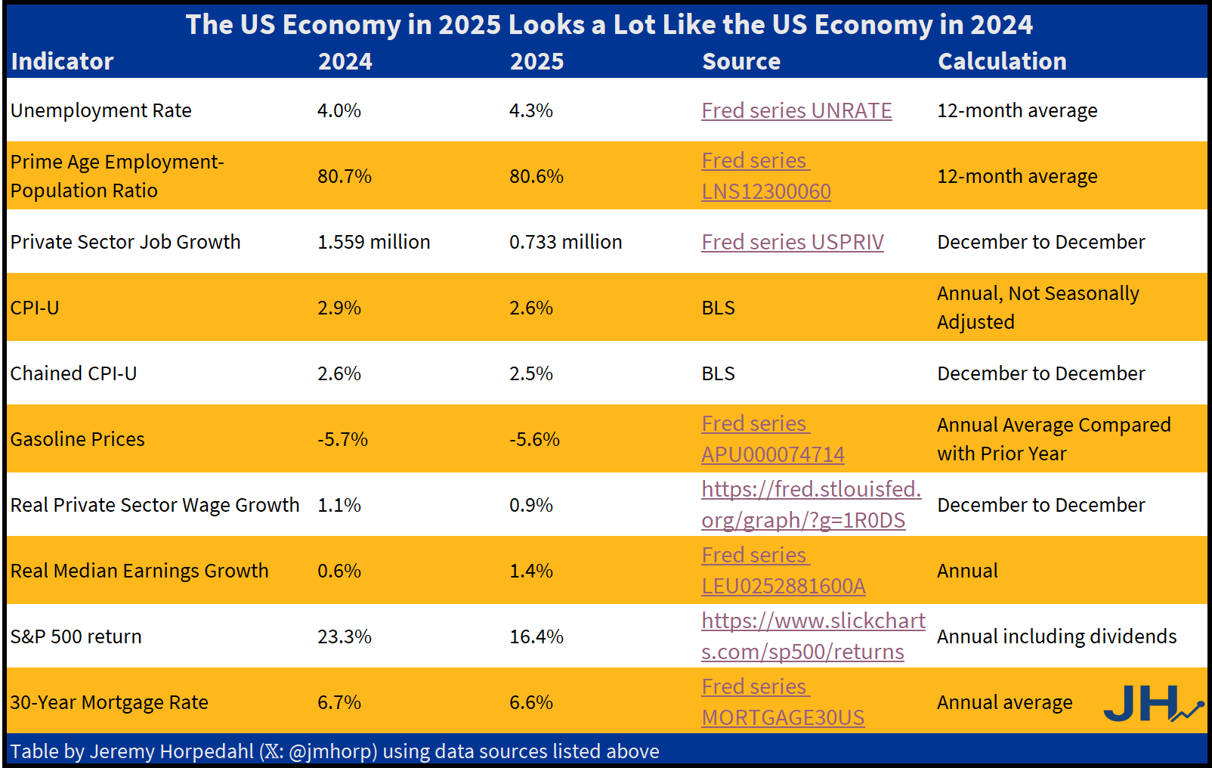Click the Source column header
740,61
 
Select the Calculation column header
1002,61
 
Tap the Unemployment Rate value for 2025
531,110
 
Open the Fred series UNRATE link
796,110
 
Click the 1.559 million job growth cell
373,242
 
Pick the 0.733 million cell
565,242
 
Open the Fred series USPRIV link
792,242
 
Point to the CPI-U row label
35,308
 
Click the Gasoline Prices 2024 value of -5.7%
342,439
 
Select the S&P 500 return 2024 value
345,636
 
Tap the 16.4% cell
536,636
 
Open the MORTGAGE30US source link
783,717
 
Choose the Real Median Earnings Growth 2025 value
531,571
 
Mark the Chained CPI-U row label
73,373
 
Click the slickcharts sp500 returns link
812,636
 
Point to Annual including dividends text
1056,636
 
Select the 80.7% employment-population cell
345,176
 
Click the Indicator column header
62,61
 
